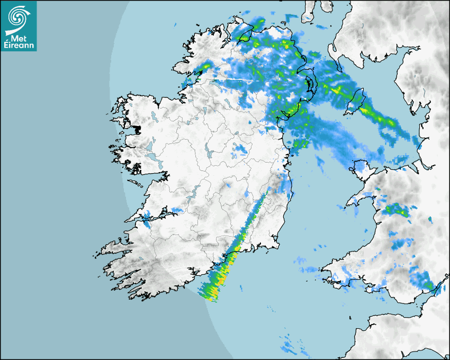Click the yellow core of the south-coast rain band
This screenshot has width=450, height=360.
pos(222,278)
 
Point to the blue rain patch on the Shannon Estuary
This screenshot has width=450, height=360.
pos(147,216)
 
